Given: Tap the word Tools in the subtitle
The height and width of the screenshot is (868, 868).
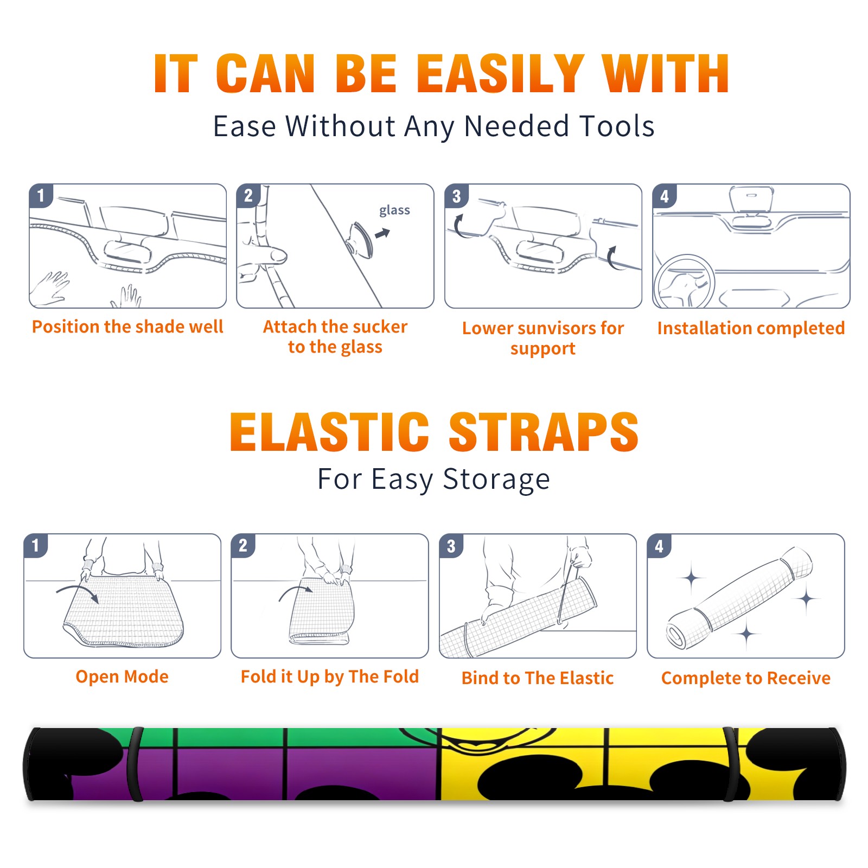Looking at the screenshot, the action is tap(617, 126).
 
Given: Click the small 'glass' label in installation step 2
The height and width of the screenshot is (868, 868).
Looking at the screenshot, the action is tap(394, 210).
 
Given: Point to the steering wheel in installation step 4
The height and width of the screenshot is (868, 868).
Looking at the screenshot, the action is tap(684, 282).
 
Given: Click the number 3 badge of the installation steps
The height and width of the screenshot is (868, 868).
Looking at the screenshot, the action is tap(456, 196).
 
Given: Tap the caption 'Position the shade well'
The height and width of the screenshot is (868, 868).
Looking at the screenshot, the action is tap(127, 327).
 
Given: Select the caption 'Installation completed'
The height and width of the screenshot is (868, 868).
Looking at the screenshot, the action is tap(751, 328).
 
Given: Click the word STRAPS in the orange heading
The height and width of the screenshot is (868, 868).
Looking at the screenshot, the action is tap(544, 432).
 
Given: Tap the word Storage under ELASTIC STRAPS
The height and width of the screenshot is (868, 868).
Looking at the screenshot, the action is tap(496, 480).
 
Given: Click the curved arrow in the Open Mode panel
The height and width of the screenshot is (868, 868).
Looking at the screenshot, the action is tap(78, 592).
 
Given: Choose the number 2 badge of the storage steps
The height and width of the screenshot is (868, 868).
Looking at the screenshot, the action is tap(242, 545).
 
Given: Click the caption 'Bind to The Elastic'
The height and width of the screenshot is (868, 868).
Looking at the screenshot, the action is tap(537, 678).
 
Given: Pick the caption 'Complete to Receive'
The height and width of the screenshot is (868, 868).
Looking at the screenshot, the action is tap(745, 678).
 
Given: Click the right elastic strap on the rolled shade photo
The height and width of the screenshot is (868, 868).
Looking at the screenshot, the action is tap(730, 764).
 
